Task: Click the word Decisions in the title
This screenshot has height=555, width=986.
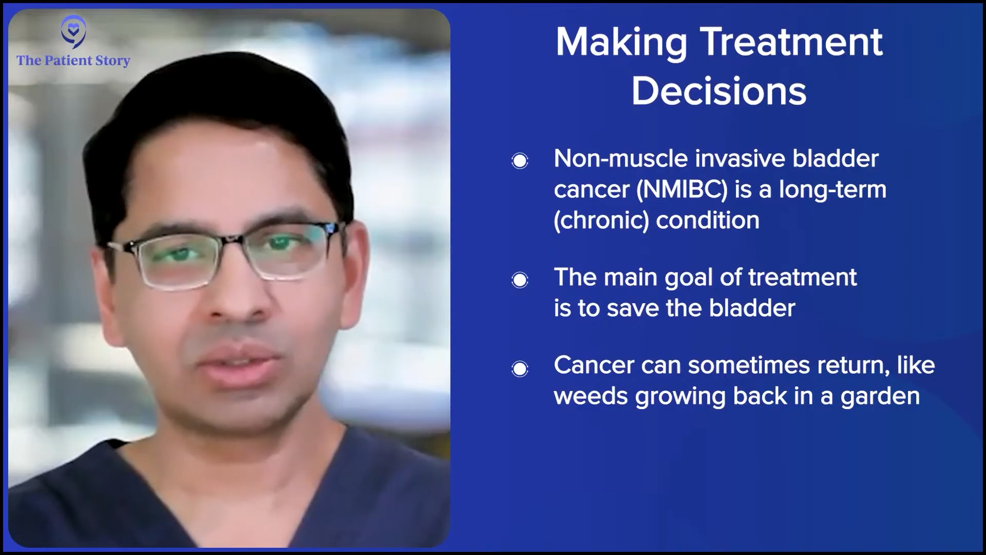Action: pos(719,92)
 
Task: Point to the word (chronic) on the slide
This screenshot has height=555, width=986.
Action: pos(601,220)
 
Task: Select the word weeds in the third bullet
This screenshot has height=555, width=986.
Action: pos(591,396)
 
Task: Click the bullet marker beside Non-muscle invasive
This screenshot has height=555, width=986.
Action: pos(520,161)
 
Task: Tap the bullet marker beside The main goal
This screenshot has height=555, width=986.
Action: pos(520,280)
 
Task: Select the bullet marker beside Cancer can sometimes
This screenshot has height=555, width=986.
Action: pos(520,368)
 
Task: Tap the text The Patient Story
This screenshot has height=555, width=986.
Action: pos(73,61)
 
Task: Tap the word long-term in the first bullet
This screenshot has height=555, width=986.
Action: pos(832,190)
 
